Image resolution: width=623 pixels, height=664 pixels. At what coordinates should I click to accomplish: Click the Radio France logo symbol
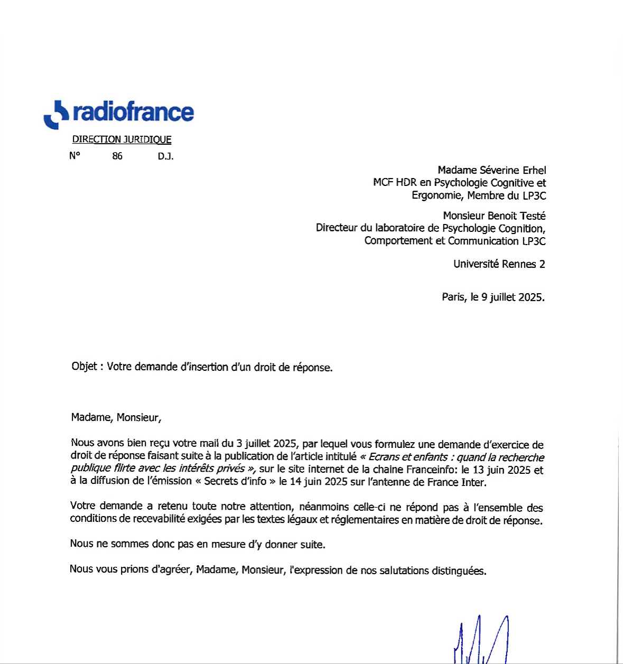tap(55, 115)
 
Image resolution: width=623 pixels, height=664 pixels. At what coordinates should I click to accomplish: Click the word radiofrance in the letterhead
tap(133, 112)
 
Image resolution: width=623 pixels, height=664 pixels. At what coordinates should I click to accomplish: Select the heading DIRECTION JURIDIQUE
tap(122, 139)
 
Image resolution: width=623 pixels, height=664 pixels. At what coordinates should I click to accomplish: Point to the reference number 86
tap(117, 156)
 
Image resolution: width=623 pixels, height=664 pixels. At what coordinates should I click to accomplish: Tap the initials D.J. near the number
tap(165, 156)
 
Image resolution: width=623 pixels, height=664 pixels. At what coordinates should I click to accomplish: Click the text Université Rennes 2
tap(499, 264)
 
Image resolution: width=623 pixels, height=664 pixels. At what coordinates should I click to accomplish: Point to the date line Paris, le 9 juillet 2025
tap(493, 297)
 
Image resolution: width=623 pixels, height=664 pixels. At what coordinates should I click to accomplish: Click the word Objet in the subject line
tap(84, 367)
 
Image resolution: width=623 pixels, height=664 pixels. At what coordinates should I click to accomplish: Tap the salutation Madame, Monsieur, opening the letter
tap(116, 417)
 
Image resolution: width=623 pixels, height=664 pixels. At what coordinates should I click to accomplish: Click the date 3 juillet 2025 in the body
tap(266, 444)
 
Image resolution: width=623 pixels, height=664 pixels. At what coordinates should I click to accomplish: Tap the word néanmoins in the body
tap(323, 507)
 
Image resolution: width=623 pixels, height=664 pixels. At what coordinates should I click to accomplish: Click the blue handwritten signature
tap(481, 639)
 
